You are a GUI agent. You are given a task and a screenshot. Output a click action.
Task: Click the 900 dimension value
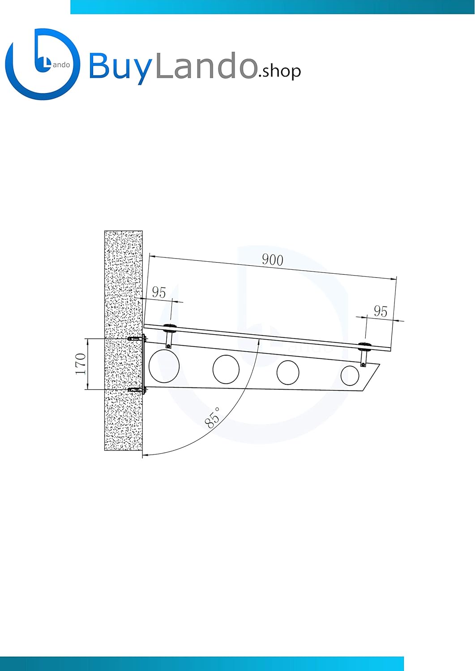(272, 260)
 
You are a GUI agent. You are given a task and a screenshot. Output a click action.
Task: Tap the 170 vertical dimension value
(81, 364)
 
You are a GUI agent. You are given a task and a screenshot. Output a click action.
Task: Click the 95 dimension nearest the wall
(159, 292)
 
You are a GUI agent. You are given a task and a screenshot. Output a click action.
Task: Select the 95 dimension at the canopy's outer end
(381, 311)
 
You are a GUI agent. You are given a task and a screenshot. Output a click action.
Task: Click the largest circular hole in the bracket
(164, 366)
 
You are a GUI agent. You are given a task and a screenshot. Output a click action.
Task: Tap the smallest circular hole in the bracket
(350, 376)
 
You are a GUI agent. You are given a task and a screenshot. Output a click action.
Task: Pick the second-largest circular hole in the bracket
(226, 369)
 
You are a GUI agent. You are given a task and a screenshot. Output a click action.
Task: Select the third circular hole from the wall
(288, 372)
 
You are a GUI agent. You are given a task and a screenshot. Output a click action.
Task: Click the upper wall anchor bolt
(137, 339)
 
